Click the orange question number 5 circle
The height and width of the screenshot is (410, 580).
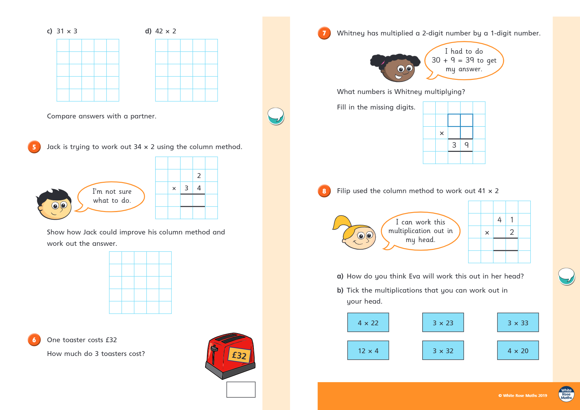34,147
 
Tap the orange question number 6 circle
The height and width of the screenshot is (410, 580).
34,340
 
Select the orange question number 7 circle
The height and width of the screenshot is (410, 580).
324,33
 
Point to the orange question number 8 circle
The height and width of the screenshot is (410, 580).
324,191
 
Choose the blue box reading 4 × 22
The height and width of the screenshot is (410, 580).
368,323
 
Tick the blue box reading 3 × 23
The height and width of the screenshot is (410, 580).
443,323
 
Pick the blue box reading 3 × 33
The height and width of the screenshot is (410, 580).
518,323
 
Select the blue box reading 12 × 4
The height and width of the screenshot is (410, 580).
368,350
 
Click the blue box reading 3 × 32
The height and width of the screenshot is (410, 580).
443,350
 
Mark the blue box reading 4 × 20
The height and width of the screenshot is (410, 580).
518,350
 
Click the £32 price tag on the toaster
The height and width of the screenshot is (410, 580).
239,355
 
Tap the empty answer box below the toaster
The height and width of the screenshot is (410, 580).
241,390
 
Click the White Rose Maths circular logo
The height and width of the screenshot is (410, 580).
566,394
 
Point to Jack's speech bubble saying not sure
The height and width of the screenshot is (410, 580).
112,196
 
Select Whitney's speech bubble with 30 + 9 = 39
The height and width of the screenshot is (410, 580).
464,60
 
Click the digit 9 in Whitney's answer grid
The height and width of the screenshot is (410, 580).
467,145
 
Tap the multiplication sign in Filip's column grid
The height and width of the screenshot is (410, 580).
487,233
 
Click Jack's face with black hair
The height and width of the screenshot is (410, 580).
54,204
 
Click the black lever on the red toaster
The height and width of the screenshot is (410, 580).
214,350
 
